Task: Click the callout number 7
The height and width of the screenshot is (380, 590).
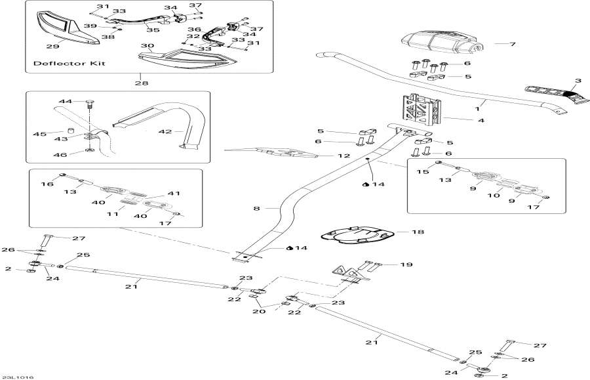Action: pyautogui.click(x=513, y=44)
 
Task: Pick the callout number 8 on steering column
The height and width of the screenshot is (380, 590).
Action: pyautogui.click(x=256, y=208)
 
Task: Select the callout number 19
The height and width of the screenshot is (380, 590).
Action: pyautogui.click(x=407, y=264)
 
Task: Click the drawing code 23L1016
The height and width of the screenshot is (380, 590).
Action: pyautogui.click(x=18, y=377)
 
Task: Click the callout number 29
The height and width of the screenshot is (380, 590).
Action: pyautogui.click(x=51, y=46)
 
